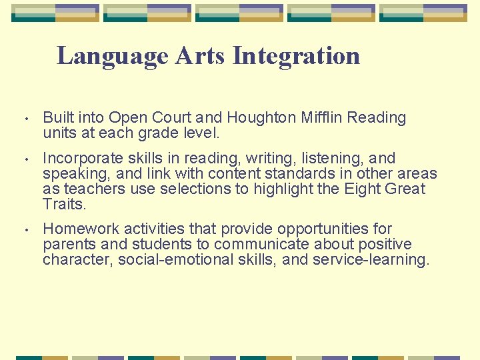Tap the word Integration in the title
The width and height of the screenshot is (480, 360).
296,56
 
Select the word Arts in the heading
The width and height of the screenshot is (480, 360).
200,56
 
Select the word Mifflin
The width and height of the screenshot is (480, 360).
319,118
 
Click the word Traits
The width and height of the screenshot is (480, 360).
64,205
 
